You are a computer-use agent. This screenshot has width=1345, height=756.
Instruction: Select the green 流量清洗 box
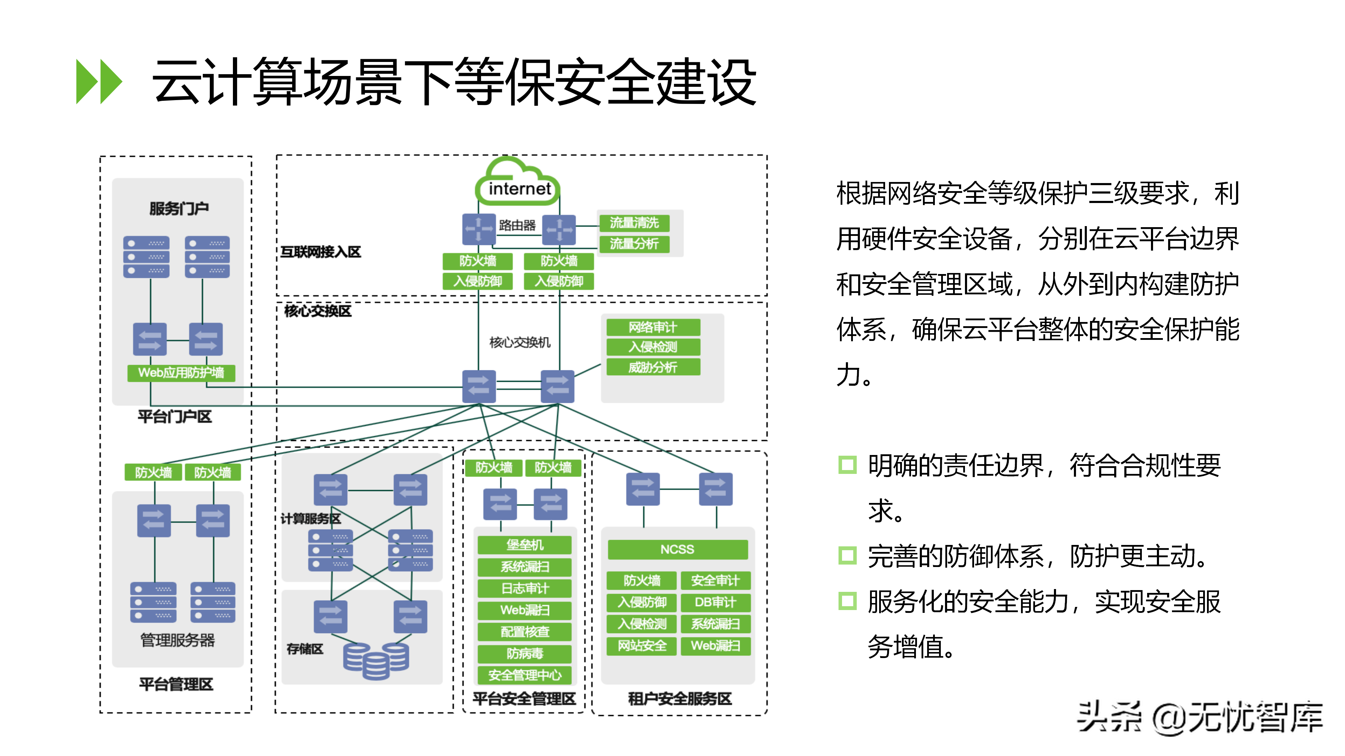point(634,223)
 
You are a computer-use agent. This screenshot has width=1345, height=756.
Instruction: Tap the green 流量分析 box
point(634,244)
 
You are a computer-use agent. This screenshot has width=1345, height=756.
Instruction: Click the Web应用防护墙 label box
point(181,372)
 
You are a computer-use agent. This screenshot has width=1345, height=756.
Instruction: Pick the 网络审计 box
point(653,327)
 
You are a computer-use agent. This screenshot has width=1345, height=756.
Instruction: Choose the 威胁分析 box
point(653,367)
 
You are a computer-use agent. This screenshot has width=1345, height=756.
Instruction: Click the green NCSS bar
point(677,549)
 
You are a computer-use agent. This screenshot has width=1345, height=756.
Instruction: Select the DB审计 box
point(715,602)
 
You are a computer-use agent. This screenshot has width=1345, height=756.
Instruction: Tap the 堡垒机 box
point(524,545)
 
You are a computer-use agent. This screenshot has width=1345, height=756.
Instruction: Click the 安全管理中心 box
point(524,675)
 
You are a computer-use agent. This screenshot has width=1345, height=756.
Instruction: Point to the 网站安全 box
point(642,646)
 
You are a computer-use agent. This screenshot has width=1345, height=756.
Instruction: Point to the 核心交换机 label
point(519,342)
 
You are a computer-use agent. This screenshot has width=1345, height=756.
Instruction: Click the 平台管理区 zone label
point(176,684)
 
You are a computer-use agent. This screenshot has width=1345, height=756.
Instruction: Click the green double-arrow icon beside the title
point(99,82)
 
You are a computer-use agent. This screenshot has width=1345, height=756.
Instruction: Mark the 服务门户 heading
point(179,209)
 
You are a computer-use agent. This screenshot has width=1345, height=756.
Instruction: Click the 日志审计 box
point(524,588)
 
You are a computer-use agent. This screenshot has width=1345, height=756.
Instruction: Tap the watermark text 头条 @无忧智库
point(1199,718)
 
